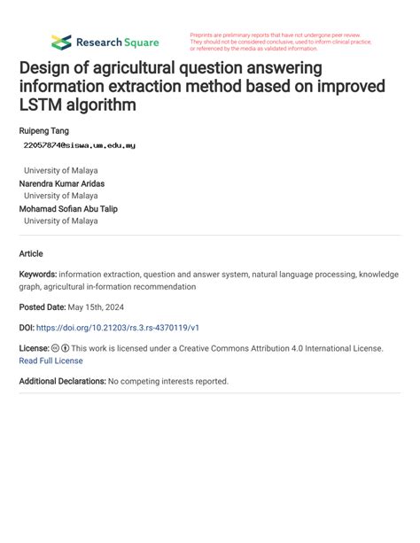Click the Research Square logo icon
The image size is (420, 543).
pyautogui.click(x=61, y=42)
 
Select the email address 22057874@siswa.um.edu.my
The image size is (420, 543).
pyautogui.click(x=80, y=144)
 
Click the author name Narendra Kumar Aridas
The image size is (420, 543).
pyautogui.click(x=62, y=183)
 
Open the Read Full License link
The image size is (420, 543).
pyautogui.click(x=51, y=361)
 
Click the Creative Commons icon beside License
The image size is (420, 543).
pyautogui.click(x=55, y=349)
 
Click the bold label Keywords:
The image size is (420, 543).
pyautogui.click(x=38, y=275)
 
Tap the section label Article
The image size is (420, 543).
pyautogui.click(x=31, y=253)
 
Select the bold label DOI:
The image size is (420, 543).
pyautogui.click(x=28, y=328)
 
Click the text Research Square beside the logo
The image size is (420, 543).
pyautogui.click(x=117, y=42)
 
